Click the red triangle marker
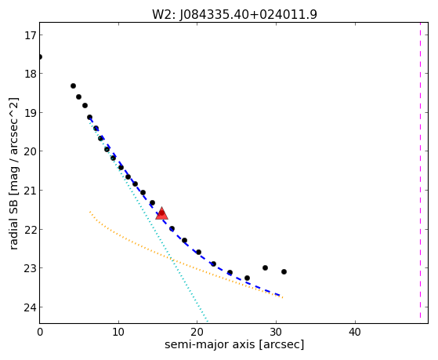point(161,213)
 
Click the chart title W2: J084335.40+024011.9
point(234,14)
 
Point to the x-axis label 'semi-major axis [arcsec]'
point(234,344)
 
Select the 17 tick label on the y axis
point(30,35)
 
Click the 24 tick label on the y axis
point(30,307)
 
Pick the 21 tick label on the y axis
point(30,191)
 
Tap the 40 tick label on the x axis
point(355,333)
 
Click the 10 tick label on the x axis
point(118,333)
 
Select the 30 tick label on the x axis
point(276,333)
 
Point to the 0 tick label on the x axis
point(40,333)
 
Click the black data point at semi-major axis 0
point(40,57)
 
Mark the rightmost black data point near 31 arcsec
point(284,271)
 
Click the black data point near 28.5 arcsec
point(265,268)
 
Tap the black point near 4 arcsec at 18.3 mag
point(73,85)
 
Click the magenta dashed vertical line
point(420,170)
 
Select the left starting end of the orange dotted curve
point(90,212)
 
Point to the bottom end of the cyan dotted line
point(208,321)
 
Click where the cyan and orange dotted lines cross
point(172,259)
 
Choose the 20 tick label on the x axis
point(197,333)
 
